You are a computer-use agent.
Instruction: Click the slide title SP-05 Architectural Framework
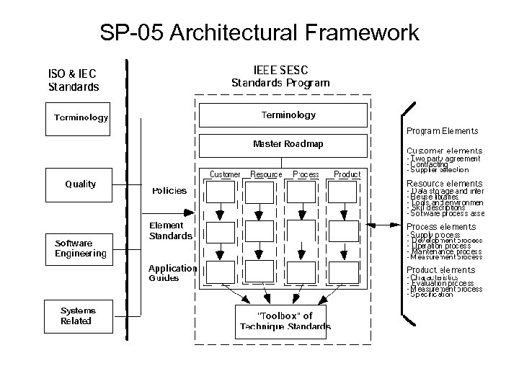coord(259,32)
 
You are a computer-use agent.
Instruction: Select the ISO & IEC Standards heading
coord(73,80)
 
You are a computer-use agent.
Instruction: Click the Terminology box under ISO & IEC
coord(81,117)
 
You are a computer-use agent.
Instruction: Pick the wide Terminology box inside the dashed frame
coord(288,115)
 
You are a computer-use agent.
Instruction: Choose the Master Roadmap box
coord(288,144)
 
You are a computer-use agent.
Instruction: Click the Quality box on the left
coord(80,184)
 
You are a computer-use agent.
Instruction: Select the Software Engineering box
coord(80,248)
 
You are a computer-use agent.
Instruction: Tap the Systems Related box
coord(78,316)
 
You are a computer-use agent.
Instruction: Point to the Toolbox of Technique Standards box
coord(285,321)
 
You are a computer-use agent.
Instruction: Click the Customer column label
coord(225,174)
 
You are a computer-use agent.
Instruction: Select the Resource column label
coord(266,174)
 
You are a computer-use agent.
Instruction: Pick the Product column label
coord(347,174)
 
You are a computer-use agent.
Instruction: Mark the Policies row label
coord(169,191)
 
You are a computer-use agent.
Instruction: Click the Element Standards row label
coord(171,231)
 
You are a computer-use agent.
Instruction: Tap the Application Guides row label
coord(172,273)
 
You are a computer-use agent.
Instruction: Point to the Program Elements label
coord(442,131)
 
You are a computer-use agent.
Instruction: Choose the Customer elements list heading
coord(444,151)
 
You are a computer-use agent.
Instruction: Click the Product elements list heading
coord(441,269)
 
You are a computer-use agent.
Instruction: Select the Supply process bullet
coord(435,235)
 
